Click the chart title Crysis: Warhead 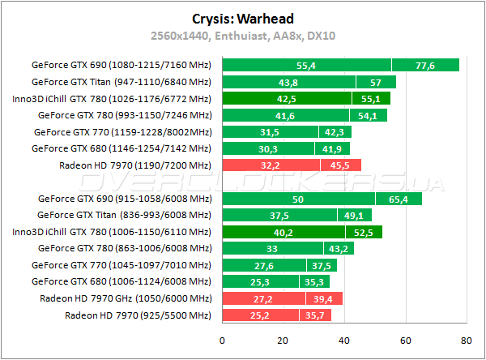(x=243, y=19)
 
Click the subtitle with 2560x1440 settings (x=243, y=36)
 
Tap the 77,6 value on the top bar (x=425, y=65)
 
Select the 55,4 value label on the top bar (x=305, y=65)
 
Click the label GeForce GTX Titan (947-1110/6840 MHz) (x=122, y=82)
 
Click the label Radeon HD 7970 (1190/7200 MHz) (x=135, y=165)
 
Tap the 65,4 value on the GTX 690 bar (x=399, y=199)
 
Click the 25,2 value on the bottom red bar (x=259, y=315)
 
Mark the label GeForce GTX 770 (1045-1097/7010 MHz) (x=122, y=265)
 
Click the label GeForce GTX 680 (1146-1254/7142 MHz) (x=122, y=148)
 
